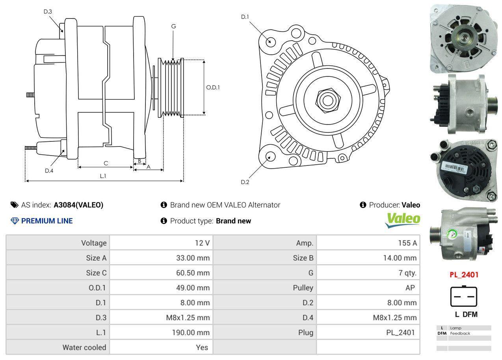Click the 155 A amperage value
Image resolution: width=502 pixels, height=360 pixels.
pyautogui.click(x=407, y=243)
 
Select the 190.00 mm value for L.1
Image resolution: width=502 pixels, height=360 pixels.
pyautogui.click(x=190, y=332)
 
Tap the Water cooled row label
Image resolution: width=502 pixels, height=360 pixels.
pyautogui.click(x=84, y=347)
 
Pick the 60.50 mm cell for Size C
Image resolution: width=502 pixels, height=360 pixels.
pyautogui.click(x=193, y=273)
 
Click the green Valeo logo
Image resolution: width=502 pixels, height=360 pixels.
pyautogui.click(x=403, y=219)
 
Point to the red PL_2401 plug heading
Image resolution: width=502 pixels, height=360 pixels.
pyautogui.click(x=464, y=275)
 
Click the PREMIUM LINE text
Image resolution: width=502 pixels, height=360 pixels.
pyautogui.click(x=47, y=221)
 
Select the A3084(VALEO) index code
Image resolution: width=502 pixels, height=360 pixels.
pyautogui.click(x=78, y=205)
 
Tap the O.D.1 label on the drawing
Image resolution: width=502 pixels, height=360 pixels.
pyautogui.click(x=213, y=87)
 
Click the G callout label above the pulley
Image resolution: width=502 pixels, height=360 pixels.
pyautogui.click(x=173, y=26)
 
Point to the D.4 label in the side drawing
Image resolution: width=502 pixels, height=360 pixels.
pyautogui.click(x=49, y=171)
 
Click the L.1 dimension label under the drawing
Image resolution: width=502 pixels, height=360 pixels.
pyautogui.click(x=103, y=176)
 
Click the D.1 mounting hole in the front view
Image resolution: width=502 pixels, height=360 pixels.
pyautogui.click(x=270, y=41)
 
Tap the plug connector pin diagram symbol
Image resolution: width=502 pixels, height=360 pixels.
pyautogui.click(x=464, y=297)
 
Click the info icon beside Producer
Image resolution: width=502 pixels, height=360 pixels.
pyautogui.click(x=363, y=205)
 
